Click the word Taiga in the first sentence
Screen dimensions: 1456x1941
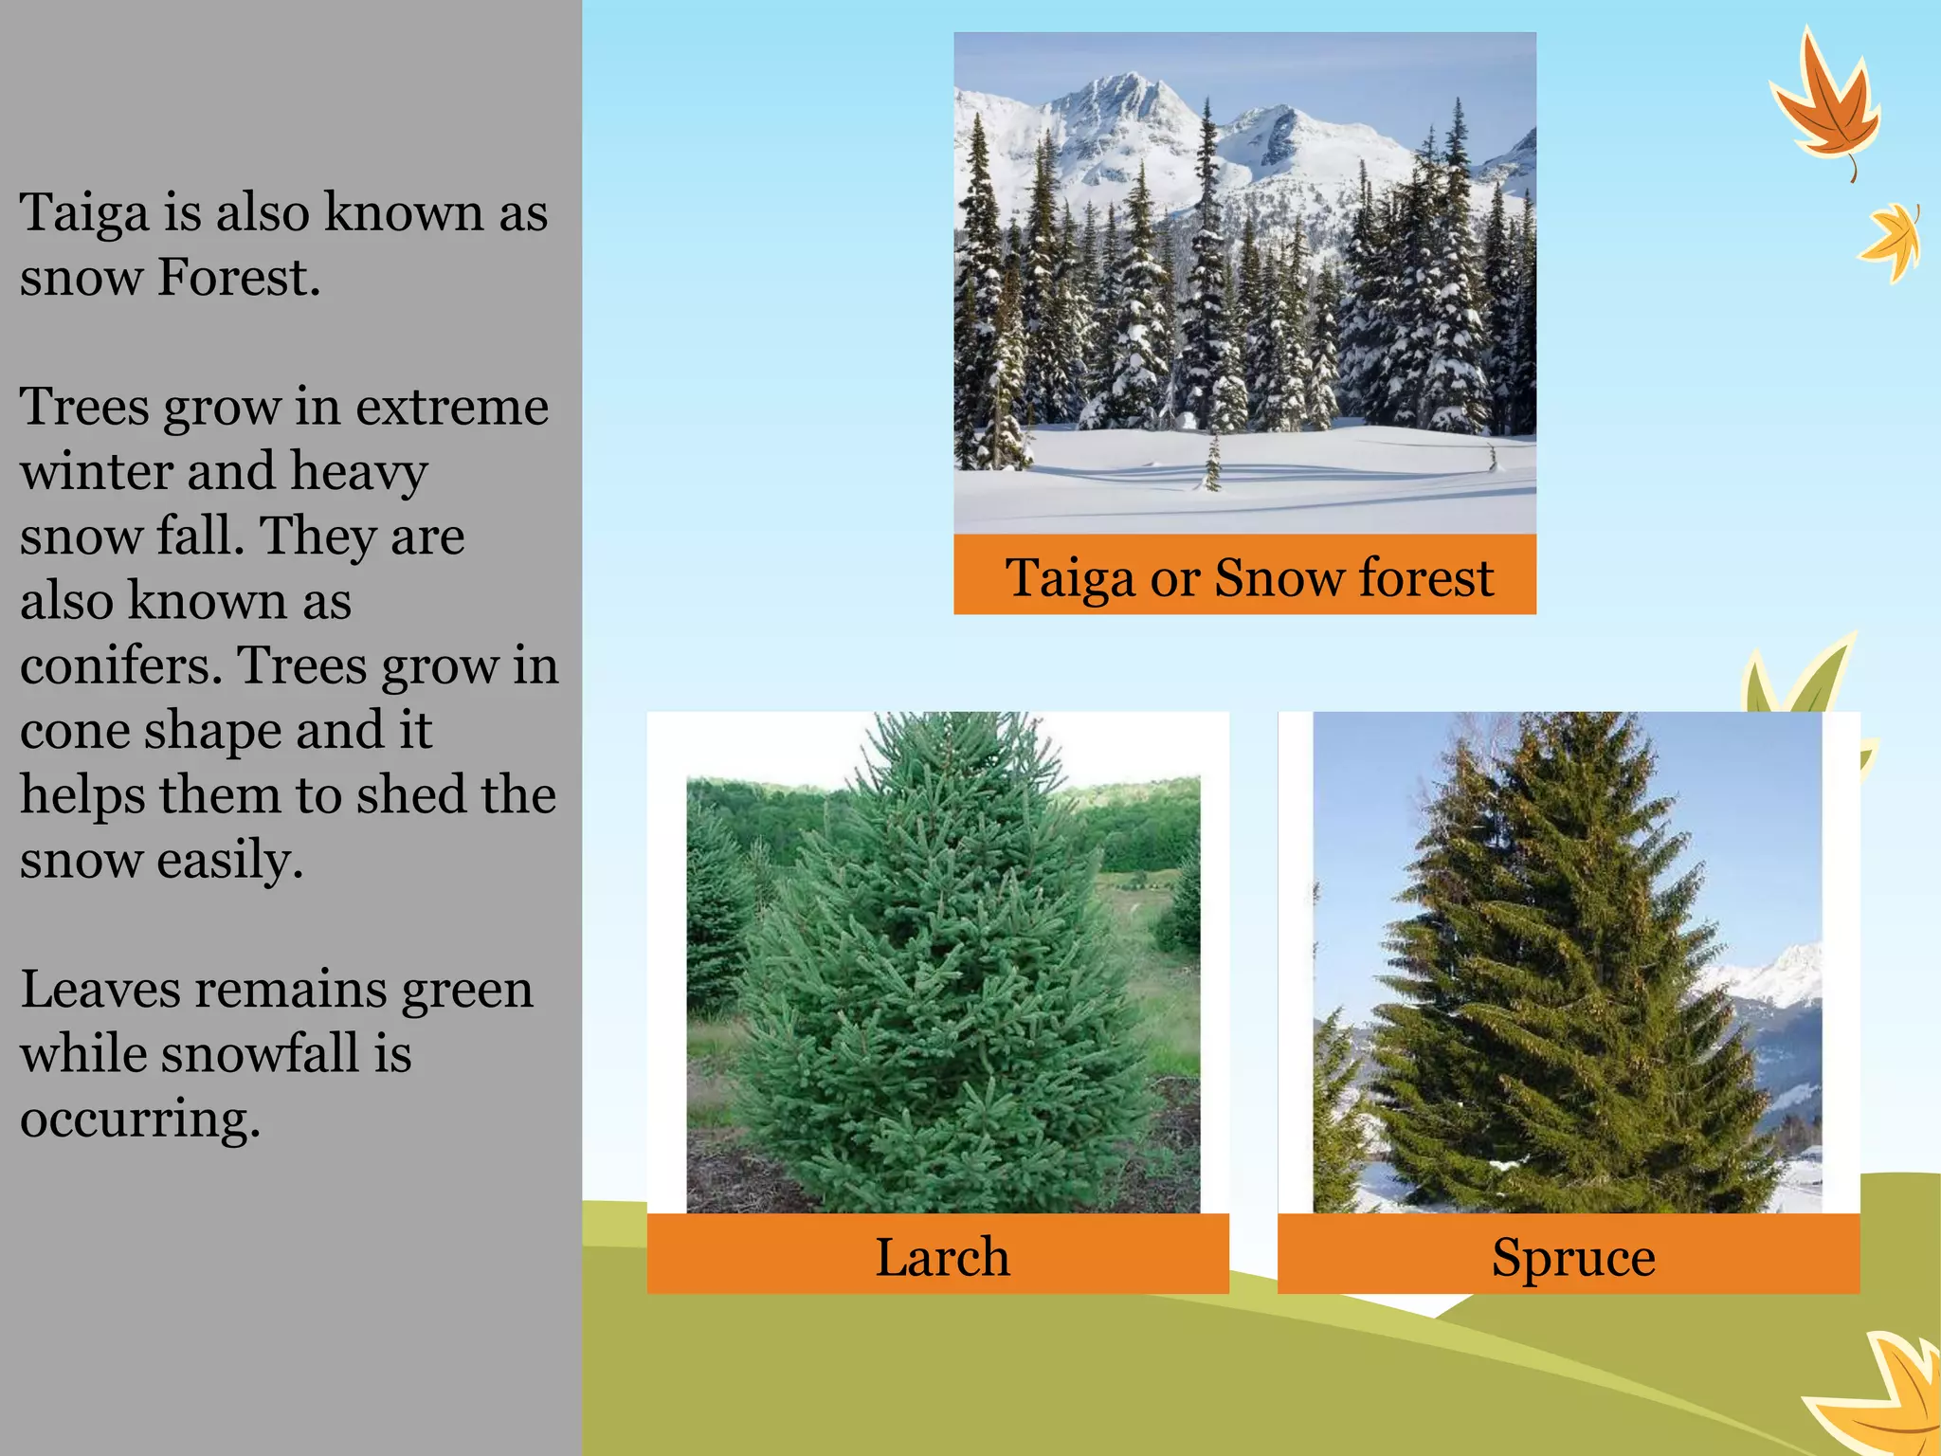coord(83,213)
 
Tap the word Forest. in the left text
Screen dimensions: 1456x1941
coord(239,278)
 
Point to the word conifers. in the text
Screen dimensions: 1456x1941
coord(120,665)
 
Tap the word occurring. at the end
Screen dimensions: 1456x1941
coord(139,1119)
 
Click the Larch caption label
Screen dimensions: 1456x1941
coord(941,1258)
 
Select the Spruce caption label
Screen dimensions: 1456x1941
coord(1573,1258)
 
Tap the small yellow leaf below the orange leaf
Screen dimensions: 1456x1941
coord(1892,243)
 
